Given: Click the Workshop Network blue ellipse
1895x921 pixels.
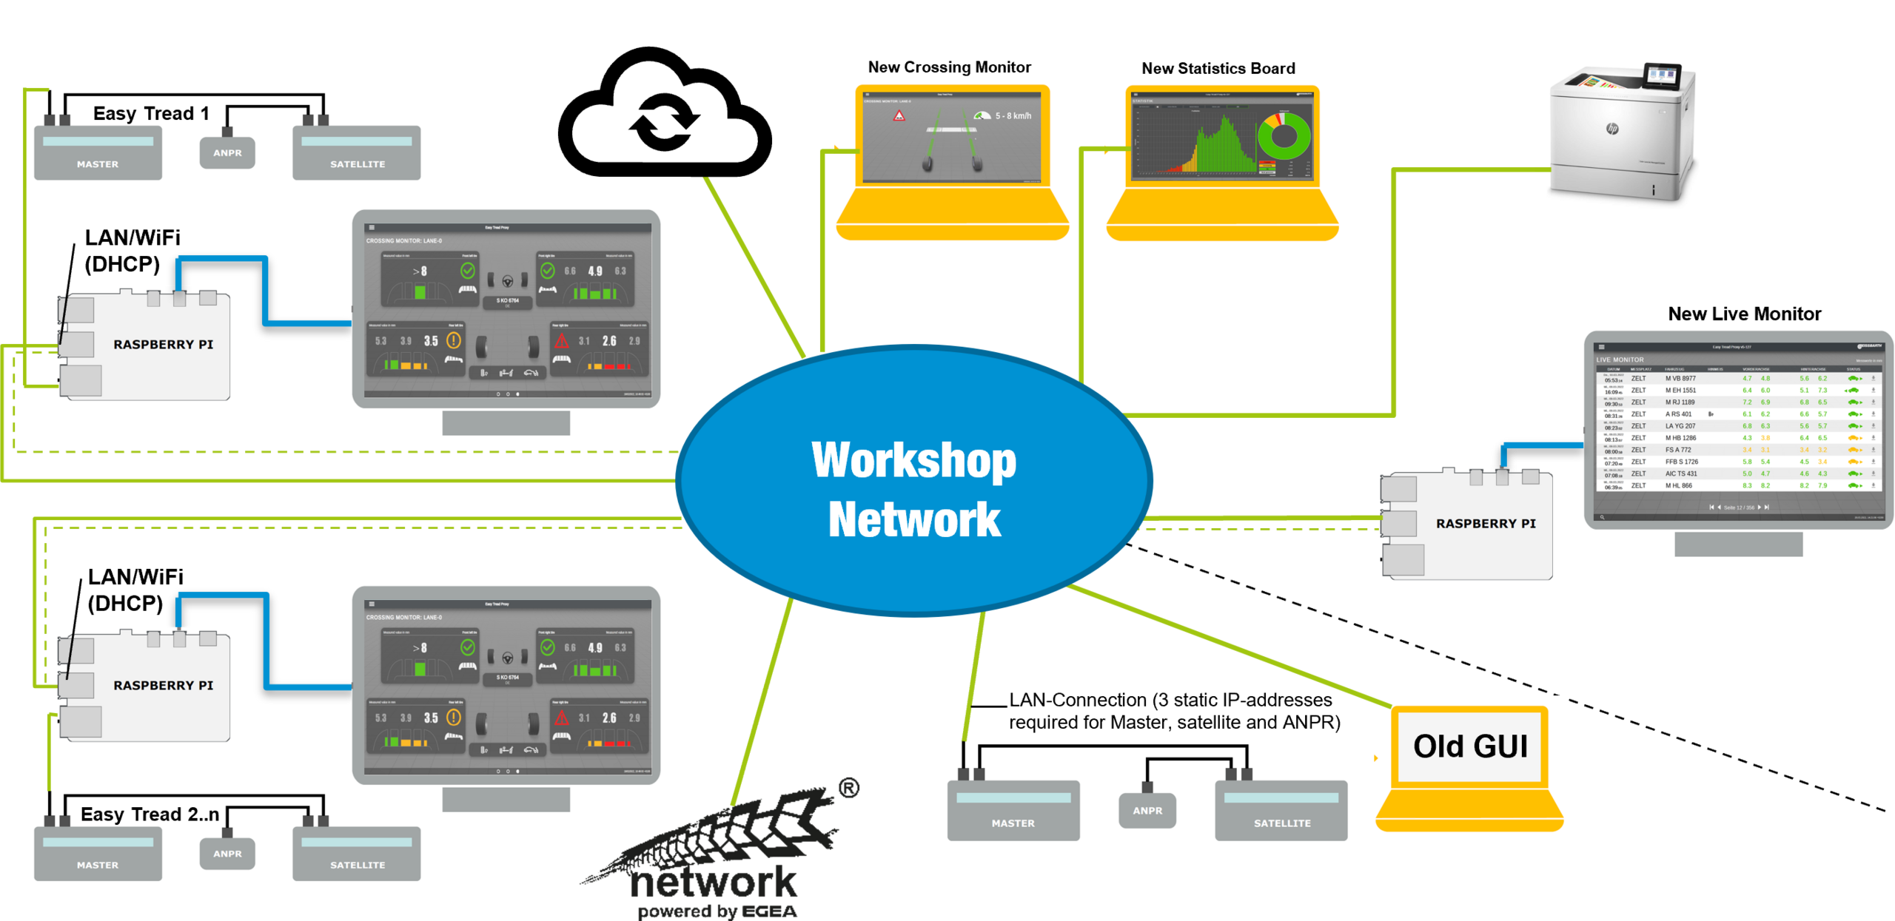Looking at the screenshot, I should [915, 481].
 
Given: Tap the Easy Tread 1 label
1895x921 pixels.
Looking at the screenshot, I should [151, 113].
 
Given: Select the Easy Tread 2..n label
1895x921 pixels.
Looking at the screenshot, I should [150, 814].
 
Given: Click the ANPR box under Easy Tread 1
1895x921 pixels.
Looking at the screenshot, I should [227, 152].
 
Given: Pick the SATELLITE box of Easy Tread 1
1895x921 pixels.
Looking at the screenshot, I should [357, 153].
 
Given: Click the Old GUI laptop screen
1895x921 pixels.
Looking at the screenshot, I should [1470, 746].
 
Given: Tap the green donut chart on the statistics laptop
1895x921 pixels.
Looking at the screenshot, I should [1284, 137].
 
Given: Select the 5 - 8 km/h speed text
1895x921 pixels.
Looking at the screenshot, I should [1013, 116].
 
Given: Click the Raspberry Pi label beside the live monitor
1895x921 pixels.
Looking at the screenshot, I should [1486, 524].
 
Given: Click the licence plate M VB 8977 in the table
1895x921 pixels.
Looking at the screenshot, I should [1680, 378].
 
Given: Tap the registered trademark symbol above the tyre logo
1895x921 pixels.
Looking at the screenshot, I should [849, 789].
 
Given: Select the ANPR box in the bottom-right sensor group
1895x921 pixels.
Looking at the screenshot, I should [1147, 811].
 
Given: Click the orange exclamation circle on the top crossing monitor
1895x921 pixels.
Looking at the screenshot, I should [454, 340].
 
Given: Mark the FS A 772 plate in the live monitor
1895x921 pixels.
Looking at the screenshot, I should [1678, 450].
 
